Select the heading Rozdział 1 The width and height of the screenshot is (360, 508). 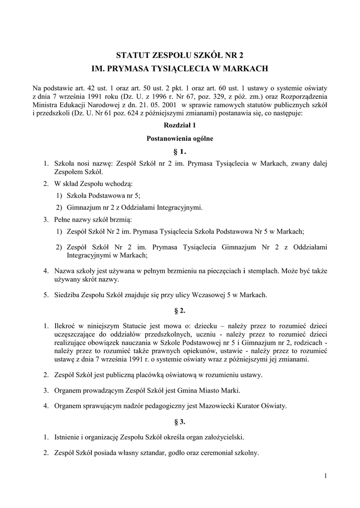click(x=180, y=127)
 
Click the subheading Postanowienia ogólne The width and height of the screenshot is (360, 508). click(x=180, y=138)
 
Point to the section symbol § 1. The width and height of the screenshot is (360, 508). click(x=180, y=151)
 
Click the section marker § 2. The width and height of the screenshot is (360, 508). click(x=180, y=311)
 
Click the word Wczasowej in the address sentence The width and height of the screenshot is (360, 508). click(x=210, y=295)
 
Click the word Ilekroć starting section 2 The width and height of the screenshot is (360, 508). click(x=66, y=326)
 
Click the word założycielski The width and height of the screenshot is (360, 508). click(x=221, y=438)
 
